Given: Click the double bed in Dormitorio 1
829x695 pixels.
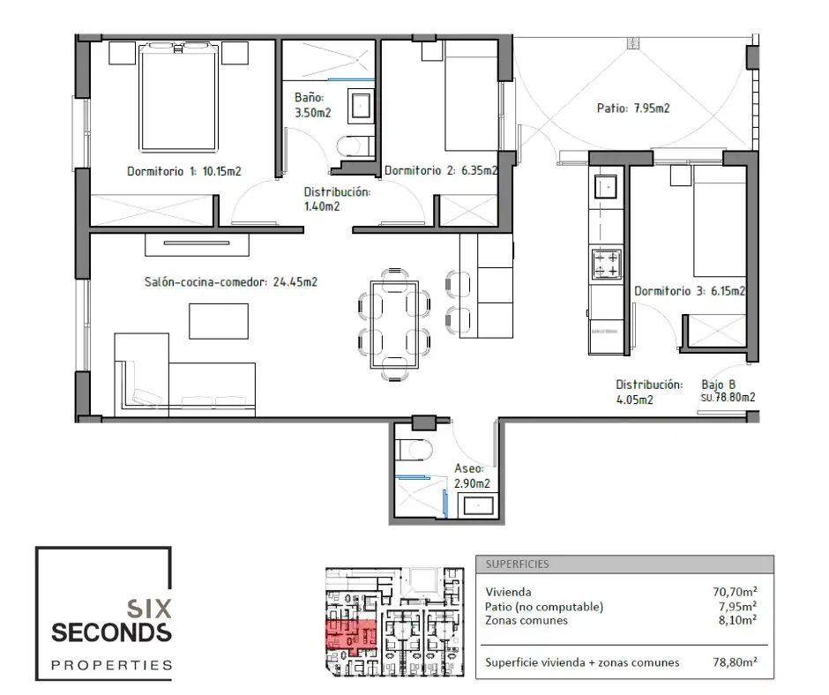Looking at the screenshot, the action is point(179,98).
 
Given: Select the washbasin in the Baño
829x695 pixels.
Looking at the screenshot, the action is point(361,106).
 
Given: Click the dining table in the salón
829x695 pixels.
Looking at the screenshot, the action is point(394,325).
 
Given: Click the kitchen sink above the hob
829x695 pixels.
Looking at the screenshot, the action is point(606,187).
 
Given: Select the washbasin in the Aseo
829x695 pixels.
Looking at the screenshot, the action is point(478,505).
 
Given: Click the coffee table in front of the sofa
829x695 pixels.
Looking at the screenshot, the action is point(219,321).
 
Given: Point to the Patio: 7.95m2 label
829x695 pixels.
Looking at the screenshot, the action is point(633,108).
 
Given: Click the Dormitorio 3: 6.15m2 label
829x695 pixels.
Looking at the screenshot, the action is point(690,291).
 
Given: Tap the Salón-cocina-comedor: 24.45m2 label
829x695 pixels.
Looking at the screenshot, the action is point(231,282).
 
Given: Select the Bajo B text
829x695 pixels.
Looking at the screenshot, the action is point(718,385).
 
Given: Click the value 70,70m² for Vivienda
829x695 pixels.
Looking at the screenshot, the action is point(735,592).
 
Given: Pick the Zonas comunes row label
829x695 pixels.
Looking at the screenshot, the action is point(527,620).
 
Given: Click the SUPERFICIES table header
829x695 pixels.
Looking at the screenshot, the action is point(517,564).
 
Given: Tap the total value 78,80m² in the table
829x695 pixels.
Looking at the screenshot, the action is point(735,662).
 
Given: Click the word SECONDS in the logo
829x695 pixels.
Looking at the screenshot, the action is point(111,632).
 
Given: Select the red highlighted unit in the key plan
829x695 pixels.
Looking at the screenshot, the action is point(350,634).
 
